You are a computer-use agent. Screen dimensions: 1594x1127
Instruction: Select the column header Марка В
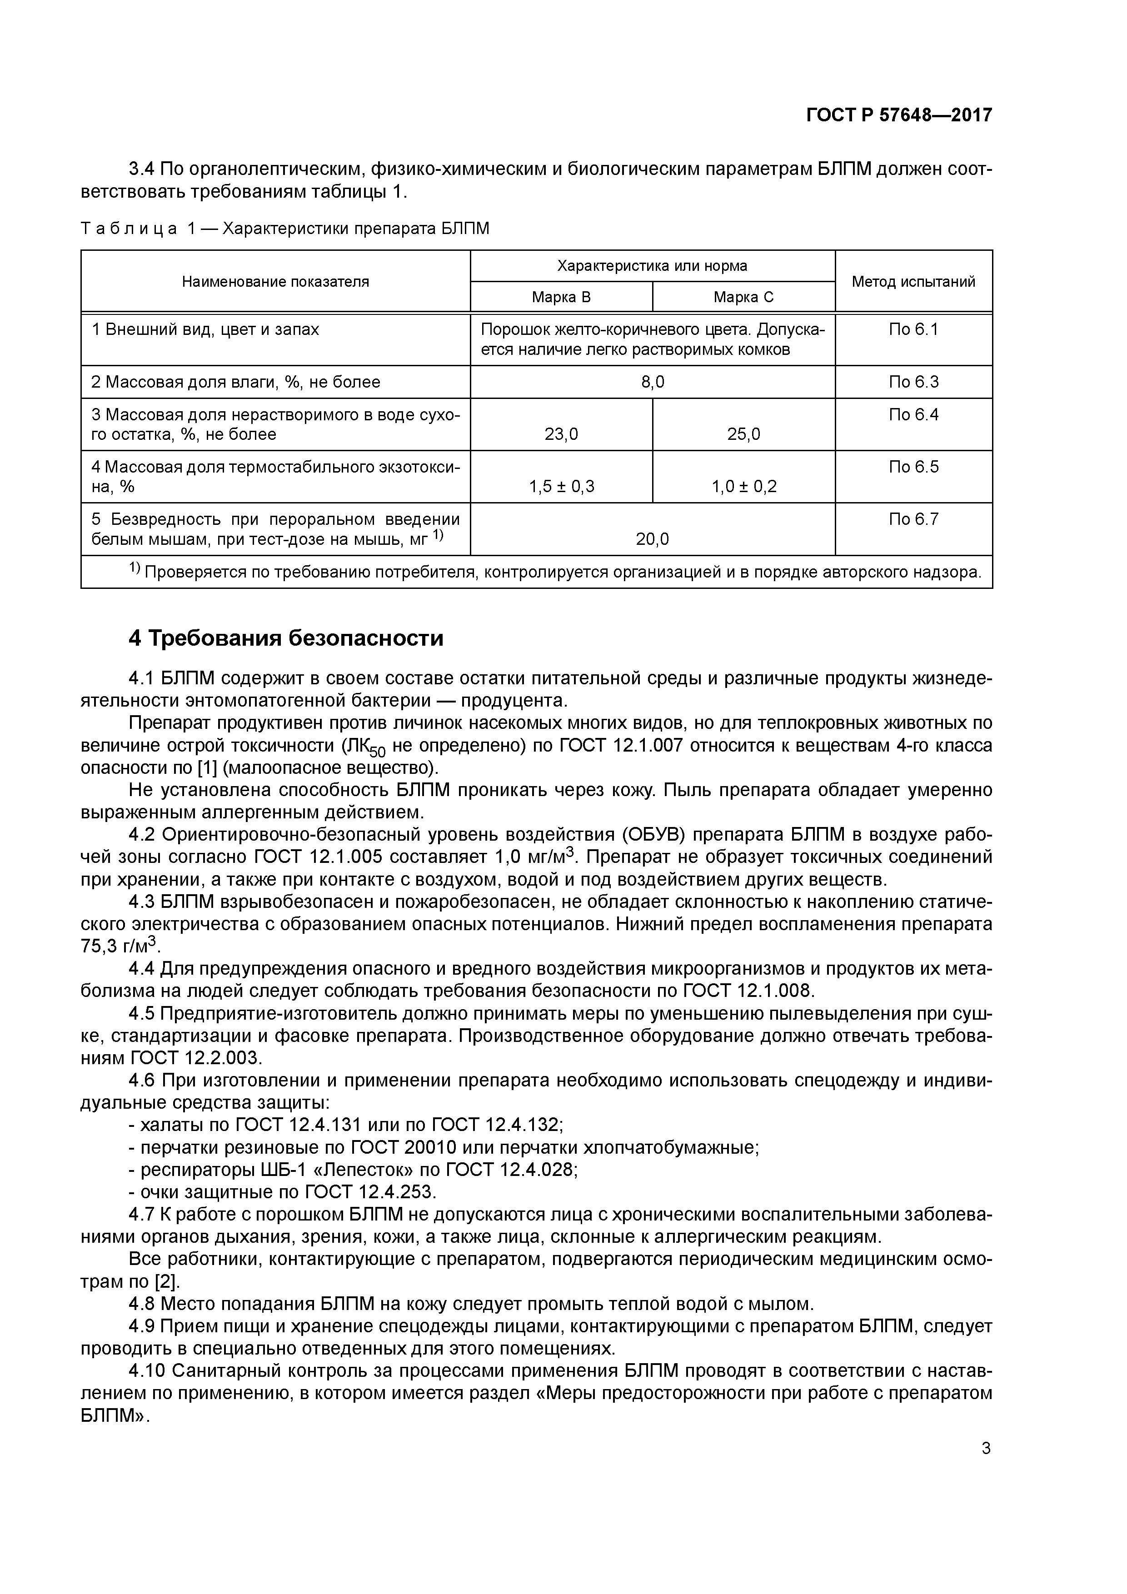pos(561,297)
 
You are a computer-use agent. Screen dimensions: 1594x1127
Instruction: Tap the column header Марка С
pos(743,297)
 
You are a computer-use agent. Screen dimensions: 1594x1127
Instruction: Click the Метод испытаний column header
pos(913,281)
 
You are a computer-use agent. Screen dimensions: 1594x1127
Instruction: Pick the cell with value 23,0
pos(561,434)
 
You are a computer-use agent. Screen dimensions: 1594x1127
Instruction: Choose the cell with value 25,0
pos(743,434)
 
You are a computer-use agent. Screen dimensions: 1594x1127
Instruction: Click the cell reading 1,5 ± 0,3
pos(561,486)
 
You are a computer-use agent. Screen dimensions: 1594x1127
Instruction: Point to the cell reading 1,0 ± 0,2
pos(743,486)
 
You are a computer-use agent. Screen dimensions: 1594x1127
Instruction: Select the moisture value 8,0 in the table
pos(652,382)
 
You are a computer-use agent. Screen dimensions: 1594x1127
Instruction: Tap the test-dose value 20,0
pos(652,539)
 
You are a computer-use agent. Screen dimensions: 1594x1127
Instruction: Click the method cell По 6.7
pos(913,519)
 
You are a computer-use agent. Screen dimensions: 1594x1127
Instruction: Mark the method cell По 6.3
pos(913,382)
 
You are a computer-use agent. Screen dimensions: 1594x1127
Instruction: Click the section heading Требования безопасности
pos(295,638)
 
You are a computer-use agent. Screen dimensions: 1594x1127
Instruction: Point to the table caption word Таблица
pos(129,229)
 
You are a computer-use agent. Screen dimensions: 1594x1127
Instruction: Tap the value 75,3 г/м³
pos(120,946)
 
